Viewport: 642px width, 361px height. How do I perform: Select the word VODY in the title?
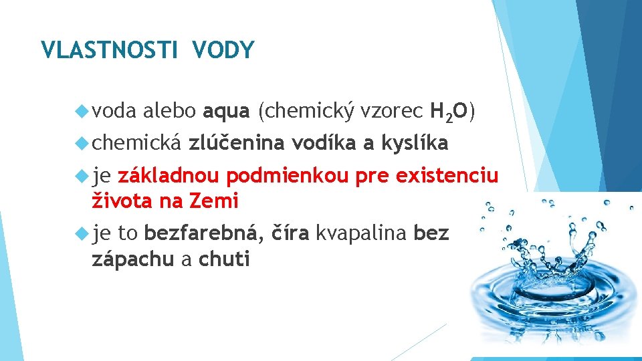coord(223,50)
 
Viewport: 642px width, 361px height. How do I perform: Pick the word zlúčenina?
coord(236,142)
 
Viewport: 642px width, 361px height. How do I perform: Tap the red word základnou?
coord(168,176)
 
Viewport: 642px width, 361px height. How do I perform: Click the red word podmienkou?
coord(288,176)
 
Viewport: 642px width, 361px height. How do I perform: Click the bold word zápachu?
coord(132,259)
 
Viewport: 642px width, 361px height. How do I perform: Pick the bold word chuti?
coord(224,259)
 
